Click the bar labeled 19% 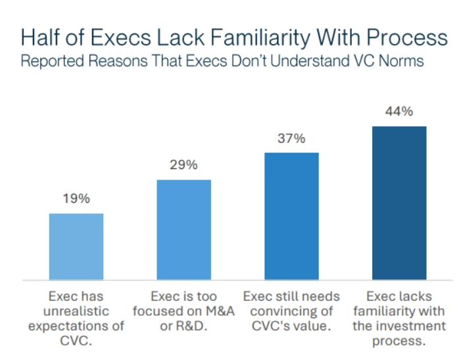pyautogui.click(x=76, y=246)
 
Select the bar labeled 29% pyautogui.click(x=183, y=229)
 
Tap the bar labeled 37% pyautogui.click(x=291, y=216)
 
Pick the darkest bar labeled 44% pyautogui.click(x=399, y=202)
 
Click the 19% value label pyautogui.click(x=76, y=199)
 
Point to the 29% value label pyautogui.click(x=183, y=165)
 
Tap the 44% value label pyautogui.click(x=399, y=111)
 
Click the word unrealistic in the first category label pyautogui.click(x=76, y=311)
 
